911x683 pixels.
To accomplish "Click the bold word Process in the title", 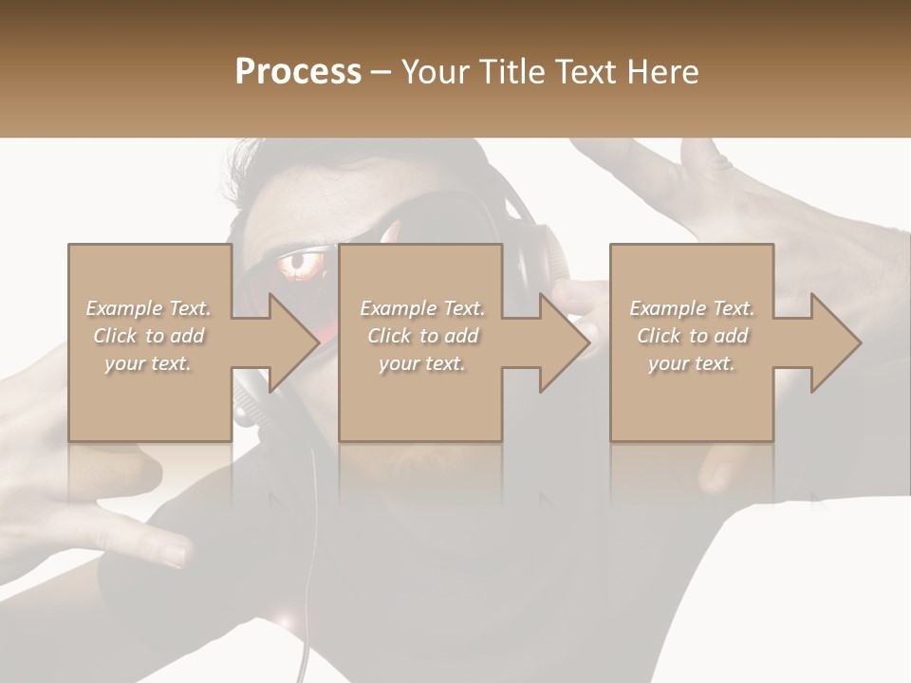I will pyautogui.click(x=298, y=72).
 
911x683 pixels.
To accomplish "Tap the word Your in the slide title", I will pyautogui.click(x=437, y=72).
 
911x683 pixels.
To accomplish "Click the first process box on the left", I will pyautogui.click(x=150, y=408).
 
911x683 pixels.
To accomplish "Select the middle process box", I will pyautogui.click(x=420, y=408).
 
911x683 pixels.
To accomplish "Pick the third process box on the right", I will pyautogui.click(x=692, y=408).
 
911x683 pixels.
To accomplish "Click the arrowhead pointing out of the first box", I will pyautogui.click(x=289, y=342).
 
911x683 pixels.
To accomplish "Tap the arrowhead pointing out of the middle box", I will pyautogui.click(x=561, y=342).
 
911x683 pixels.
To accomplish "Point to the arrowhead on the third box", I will pyautogui.click(x=832, y=342).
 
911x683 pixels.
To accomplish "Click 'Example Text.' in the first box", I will pyautogui.click(x=148, y=308).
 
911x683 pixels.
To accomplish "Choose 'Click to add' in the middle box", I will pyautogui.click(x=422, y=336).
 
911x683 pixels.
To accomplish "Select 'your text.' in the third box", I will pyautogui.click(x=692, y=363).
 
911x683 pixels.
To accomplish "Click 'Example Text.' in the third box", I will pyautogui.click(x=692, y=308).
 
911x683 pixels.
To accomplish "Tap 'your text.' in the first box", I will pyautogui.click(x=148, y=363).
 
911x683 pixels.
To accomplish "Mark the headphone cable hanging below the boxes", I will pyautogui.click(x=311, y=560).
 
